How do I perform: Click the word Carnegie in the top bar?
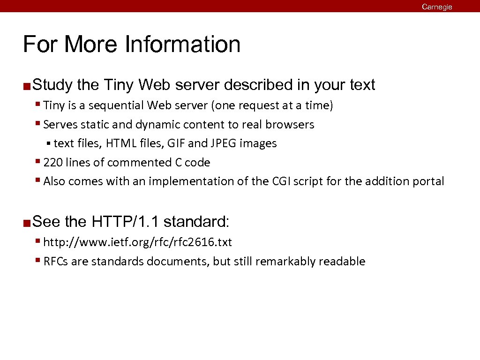click(x=436, y=7)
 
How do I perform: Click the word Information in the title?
click(x=182, y=45)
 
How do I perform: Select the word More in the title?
click(x=91, y=45)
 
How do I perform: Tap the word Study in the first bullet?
click(x=52, y=85)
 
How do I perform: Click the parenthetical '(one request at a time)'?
click(x=272, y=105)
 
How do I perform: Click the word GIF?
click(x=175, y=143)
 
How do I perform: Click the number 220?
click(x=52, y=163)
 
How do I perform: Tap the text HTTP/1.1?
click(x=125, y=221)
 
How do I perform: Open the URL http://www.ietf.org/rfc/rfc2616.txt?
click(x=137, y=242)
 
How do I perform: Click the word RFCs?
click(x=55, y=262)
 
